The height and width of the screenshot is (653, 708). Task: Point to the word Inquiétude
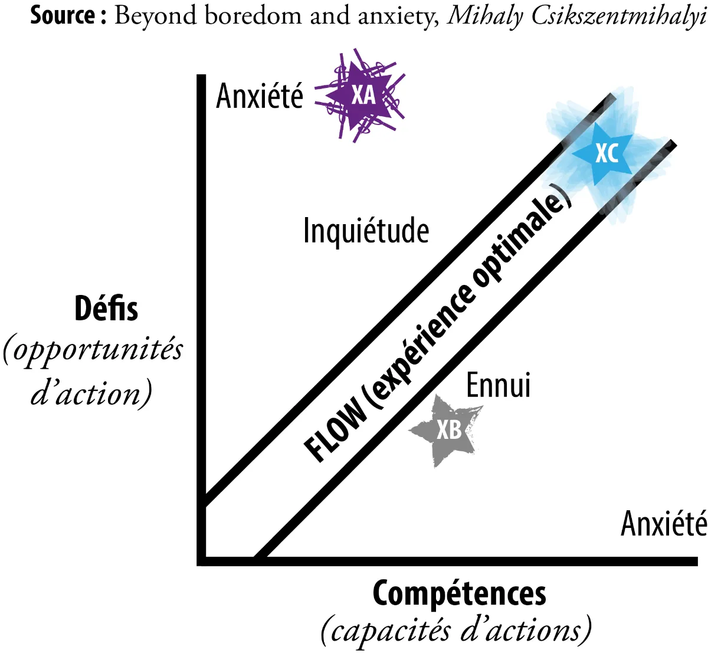[x=366, y=231]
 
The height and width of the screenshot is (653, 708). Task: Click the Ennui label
[x=498, y=385]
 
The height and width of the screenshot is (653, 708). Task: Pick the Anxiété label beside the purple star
[x=260, y=96]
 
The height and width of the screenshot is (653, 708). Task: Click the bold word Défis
[x=106, y=309]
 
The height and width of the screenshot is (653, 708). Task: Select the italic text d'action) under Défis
[x=91, y=393]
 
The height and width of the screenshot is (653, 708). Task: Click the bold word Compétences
[x=459, y=593]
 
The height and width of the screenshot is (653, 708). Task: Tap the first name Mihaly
[x=485, y=17]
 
